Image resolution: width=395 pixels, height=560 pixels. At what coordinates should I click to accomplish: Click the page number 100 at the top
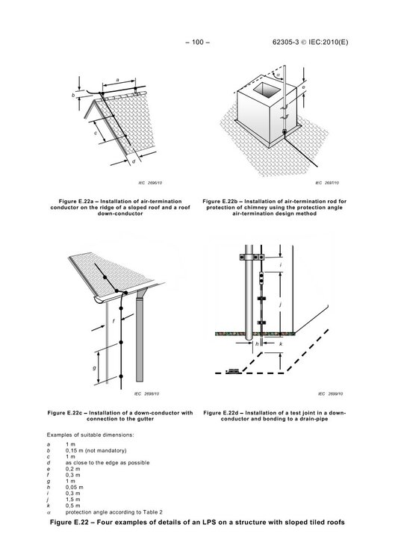click(197, 42)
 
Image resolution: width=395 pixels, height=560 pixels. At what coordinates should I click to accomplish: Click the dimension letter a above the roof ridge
click(118, 80)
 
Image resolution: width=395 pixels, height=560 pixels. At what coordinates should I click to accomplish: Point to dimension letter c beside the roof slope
click(96, 133)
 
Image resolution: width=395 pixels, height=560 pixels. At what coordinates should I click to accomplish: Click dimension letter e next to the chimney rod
click(303, 87)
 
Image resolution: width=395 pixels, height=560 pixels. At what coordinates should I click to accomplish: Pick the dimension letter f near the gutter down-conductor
click(113, 321)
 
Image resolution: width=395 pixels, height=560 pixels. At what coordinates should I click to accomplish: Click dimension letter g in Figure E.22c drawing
click(94, 367)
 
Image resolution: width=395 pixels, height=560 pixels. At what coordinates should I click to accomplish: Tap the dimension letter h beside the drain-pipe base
click(257, 344)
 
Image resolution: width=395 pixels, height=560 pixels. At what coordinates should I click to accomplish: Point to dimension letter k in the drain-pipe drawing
click(281, 344)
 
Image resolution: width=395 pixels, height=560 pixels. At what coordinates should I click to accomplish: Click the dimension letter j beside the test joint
click(281, 305)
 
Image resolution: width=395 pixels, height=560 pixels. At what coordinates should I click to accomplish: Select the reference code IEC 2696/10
click(150, 183)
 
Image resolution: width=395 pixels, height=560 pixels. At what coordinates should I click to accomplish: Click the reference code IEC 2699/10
click(330, 394)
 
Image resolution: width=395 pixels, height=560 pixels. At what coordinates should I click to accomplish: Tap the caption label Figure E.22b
click(222, 202)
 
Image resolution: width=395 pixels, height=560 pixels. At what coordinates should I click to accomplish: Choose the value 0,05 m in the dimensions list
click(74, 487)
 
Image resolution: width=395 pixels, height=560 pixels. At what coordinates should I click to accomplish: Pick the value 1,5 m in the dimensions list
click(73, 500)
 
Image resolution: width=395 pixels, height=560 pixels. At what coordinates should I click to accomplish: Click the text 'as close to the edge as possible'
click(108, 463)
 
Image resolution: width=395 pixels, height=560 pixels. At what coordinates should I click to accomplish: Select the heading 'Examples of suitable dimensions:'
click(90, 435)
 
